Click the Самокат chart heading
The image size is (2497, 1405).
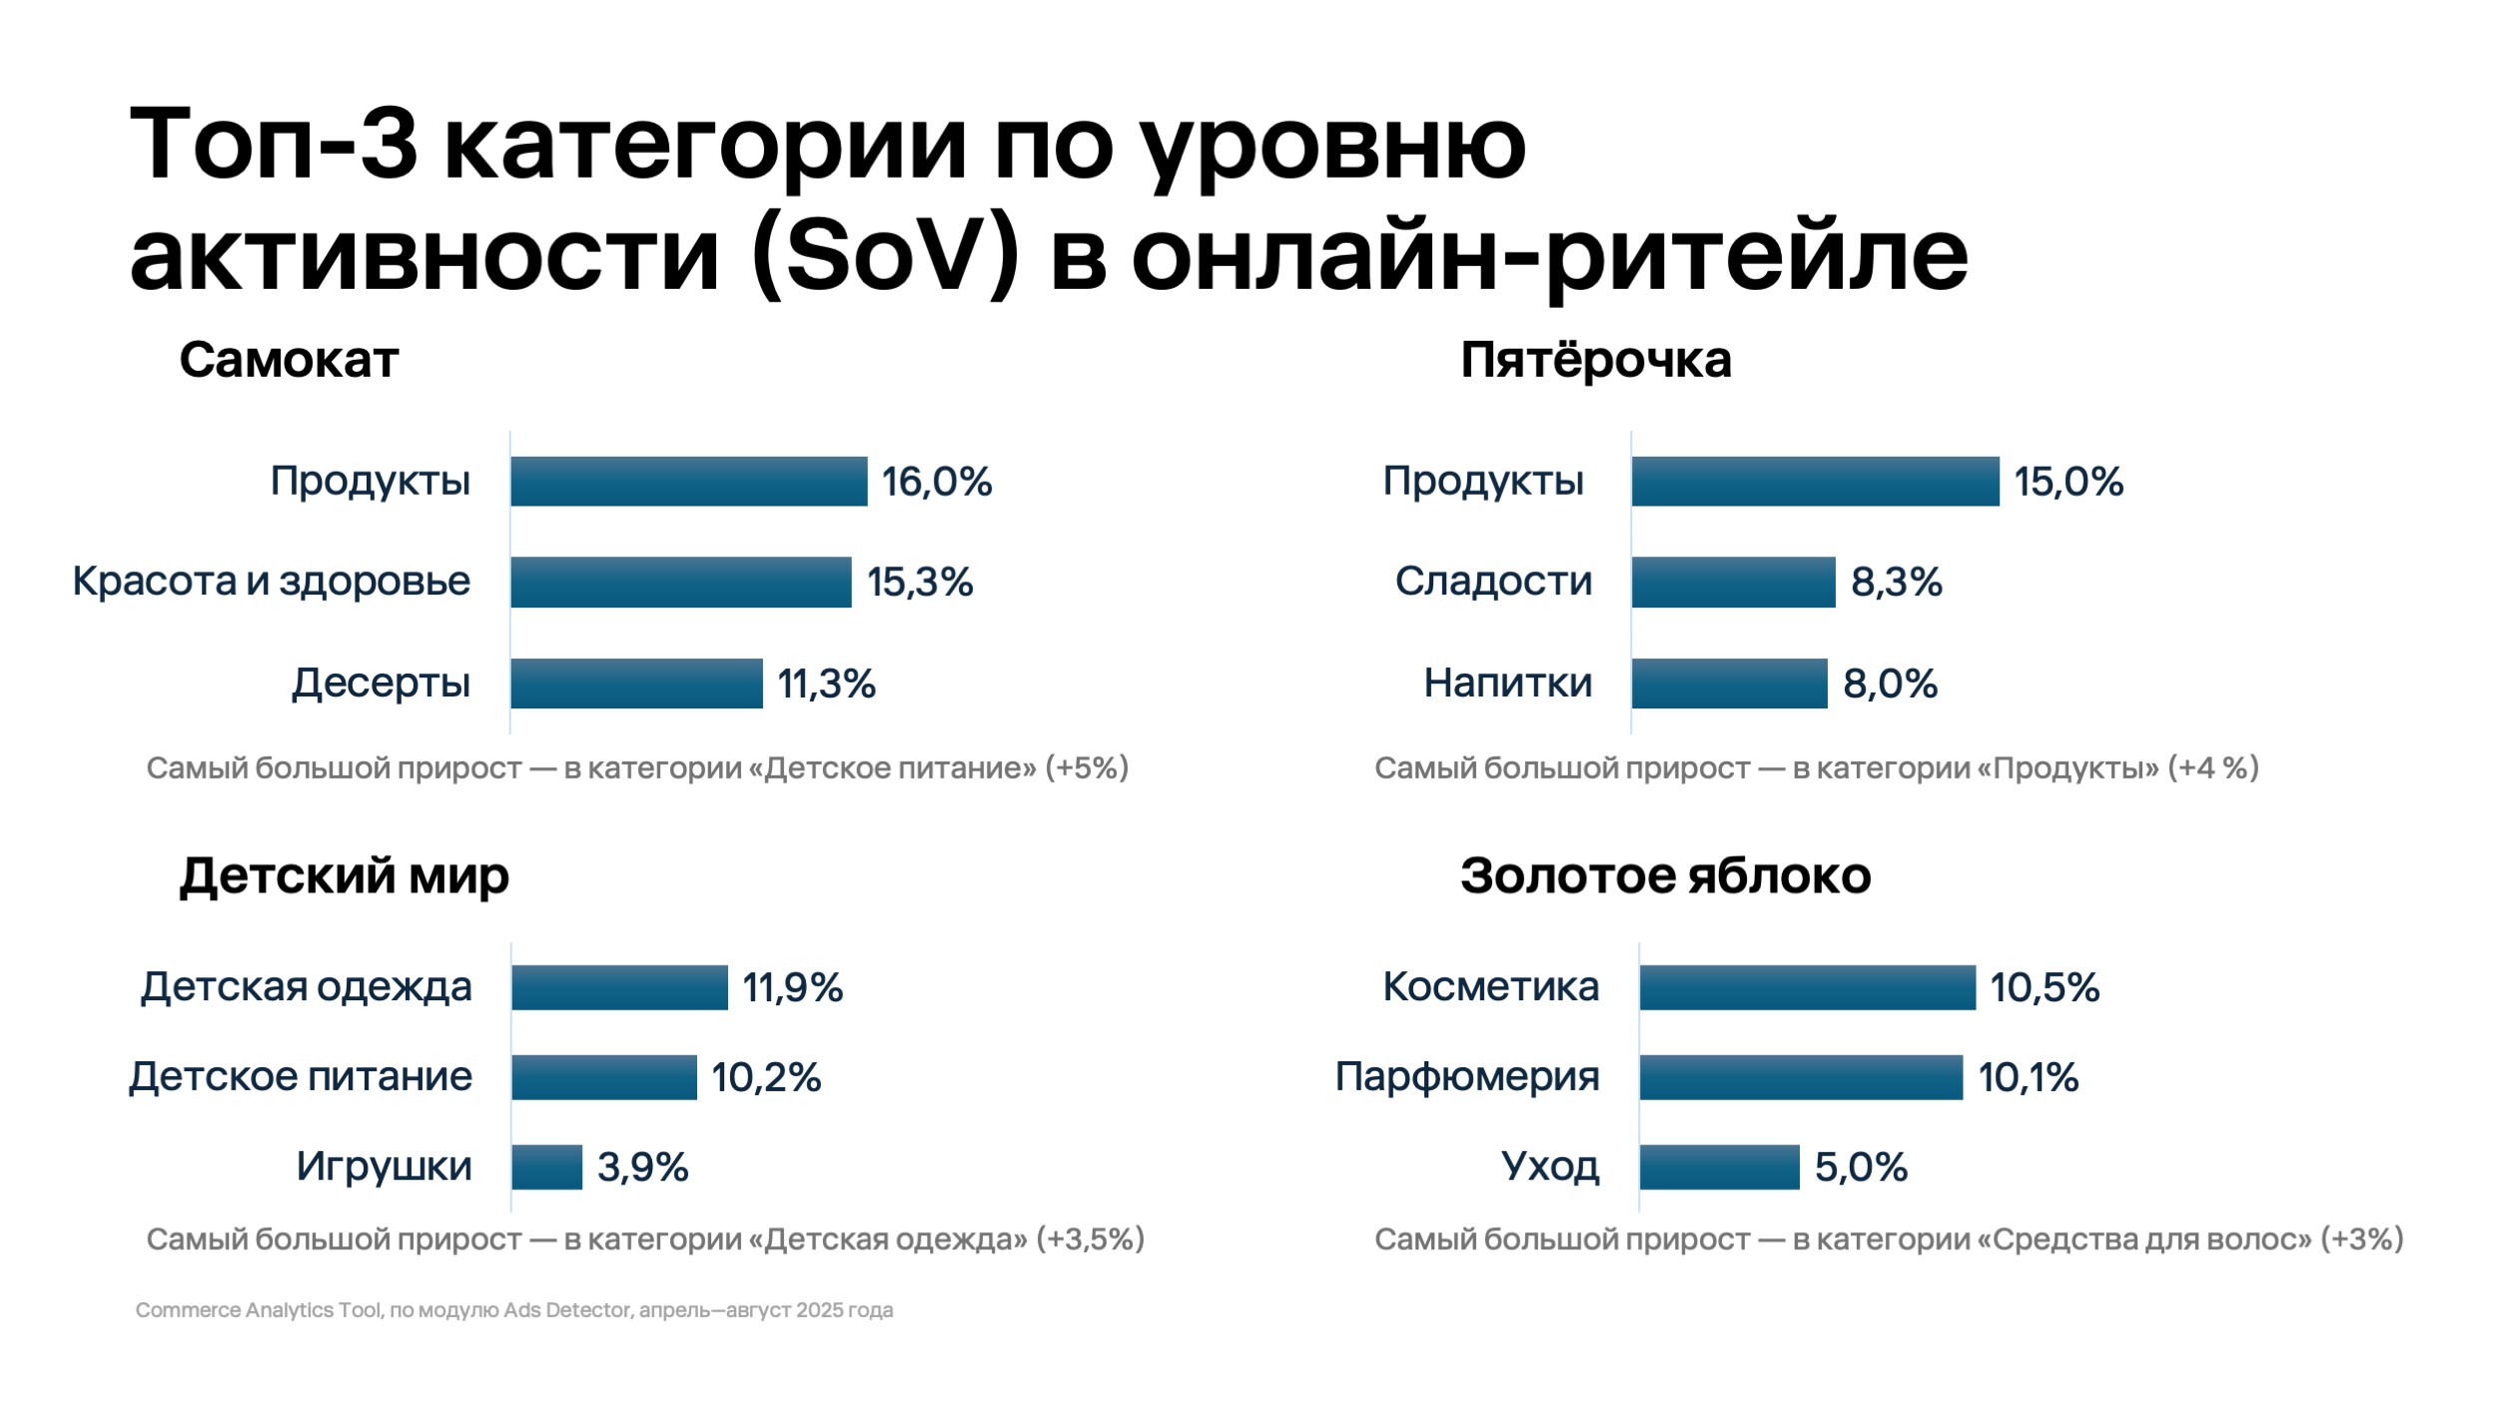point(289,360)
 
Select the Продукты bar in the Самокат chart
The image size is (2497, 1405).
point(688,482)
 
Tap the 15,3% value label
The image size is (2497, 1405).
point(919,583)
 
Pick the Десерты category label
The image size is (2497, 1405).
point(381,684)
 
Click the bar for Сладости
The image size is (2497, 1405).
point(1733,583)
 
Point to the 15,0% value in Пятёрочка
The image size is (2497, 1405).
point(2068,482)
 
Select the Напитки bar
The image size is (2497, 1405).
point(1729,684)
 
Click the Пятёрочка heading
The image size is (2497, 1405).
point(1595,360)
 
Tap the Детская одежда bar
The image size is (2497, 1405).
point(619,988)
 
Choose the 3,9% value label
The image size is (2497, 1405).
point(642,1167)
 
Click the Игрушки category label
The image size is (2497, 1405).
point(384,1166)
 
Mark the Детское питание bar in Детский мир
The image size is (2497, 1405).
point(603,1077)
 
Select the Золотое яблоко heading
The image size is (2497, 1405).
point(1665,876)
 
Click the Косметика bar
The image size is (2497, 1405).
point(1807,988)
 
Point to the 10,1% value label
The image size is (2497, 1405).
point(2028,1077)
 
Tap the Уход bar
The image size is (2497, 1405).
point(1719,1167)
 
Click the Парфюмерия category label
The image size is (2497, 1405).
point(1467,1077)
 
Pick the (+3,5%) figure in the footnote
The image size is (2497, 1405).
point(1090,1239)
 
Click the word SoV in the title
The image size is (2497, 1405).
point(883,256)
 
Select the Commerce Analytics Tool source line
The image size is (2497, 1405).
point(513,1310)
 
